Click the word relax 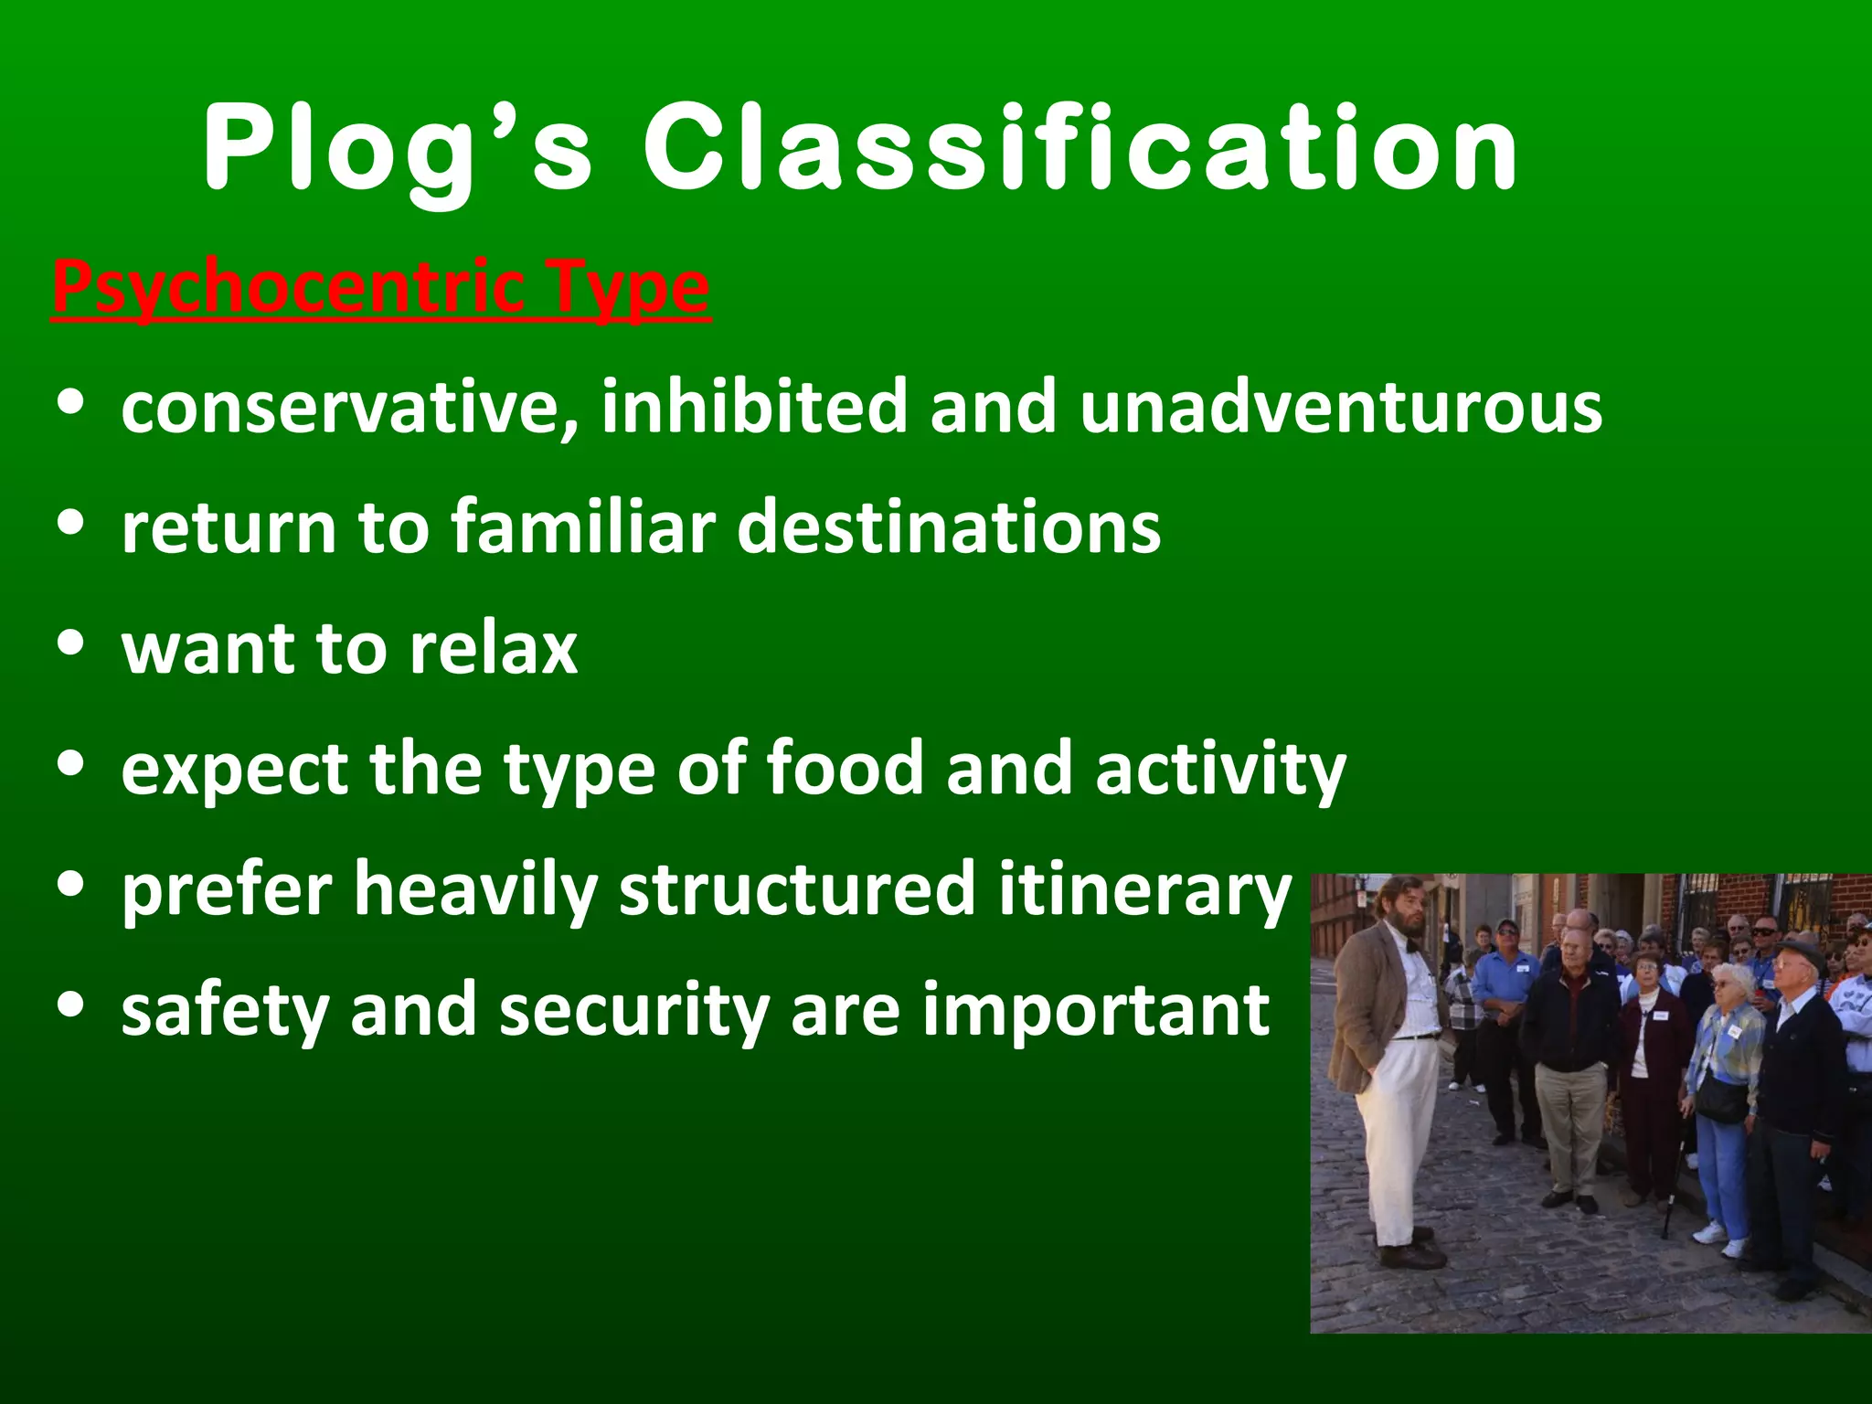click(x=493, y=649)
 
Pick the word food click(x=846, y=769)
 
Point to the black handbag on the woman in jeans click(x=1721, y=1102)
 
